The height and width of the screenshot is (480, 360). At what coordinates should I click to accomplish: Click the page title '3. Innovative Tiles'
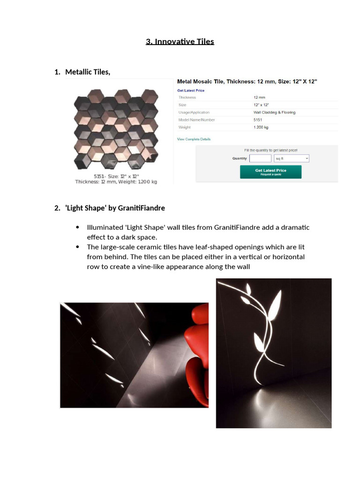pos(180,42)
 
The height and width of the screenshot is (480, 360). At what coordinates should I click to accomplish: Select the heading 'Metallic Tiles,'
pos(88,72)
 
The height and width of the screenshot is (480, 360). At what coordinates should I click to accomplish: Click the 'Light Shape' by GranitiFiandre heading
pos(115,208)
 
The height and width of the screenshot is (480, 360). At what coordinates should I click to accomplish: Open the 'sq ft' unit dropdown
pos(292,158)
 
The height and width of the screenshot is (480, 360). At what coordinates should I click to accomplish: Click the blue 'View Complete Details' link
pos(194,139)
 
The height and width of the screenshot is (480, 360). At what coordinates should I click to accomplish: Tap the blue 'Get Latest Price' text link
pos(190,90)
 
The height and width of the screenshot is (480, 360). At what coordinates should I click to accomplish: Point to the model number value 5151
pos(258,120)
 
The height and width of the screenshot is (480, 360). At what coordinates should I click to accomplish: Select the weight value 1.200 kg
pos(261,127)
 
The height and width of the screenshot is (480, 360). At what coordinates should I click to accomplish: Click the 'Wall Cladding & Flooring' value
pos(274,112)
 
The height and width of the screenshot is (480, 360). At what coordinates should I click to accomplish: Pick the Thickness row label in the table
pos(187,97)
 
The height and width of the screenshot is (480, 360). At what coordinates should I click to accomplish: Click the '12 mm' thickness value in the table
pos(259,97)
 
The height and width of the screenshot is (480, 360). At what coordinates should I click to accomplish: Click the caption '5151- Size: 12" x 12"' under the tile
pos(116,176)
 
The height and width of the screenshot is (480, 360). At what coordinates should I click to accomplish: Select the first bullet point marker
pos(77,227)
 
